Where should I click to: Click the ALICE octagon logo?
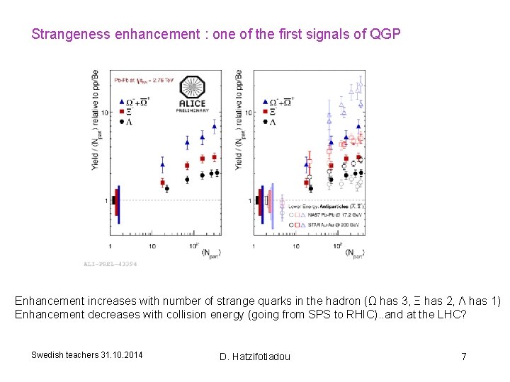(193, 88)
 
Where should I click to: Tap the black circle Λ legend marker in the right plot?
(265, 121)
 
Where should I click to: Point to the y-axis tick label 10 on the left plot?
(104, 112)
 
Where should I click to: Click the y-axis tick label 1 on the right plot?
(249, 202)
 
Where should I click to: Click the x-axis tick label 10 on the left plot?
(152, 245)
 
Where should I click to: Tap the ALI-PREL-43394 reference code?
(110, 264)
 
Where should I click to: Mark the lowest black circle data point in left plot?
(167, 189)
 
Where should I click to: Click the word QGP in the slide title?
(385, 33)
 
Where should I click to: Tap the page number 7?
(464, 356)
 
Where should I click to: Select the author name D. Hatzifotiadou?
(254, 356)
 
